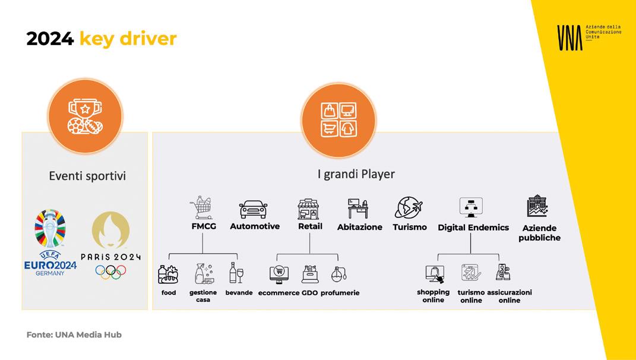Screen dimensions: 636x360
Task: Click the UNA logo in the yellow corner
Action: coord(569,37)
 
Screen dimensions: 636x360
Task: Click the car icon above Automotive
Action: coord(254,209)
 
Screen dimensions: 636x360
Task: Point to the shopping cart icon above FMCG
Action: coord(201,208)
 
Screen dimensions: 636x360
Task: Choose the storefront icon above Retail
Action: coord(309,209)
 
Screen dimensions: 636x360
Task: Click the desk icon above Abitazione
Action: coord(358,209)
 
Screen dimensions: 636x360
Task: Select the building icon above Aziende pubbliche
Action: coord(537,207)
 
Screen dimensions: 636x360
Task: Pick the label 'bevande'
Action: coord(239,293)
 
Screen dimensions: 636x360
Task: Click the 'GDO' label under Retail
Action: coord(309,293)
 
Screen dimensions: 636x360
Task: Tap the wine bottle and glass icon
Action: coord(236,273)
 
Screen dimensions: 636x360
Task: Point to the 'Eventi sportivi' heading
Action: coord(87,176)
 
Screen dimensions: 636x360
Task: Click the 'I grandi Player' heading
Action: coord(356,174)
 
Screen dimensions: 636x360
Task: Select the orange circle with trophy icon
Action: coord(85,116)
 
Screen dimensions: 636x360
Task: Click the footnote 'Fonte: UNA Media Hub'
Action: coord(74,334)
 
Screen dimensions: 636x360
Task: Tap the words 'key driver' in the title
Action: coord(128,39)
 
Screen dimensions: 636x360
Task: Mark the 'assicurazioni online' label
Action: coord(510,296)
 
